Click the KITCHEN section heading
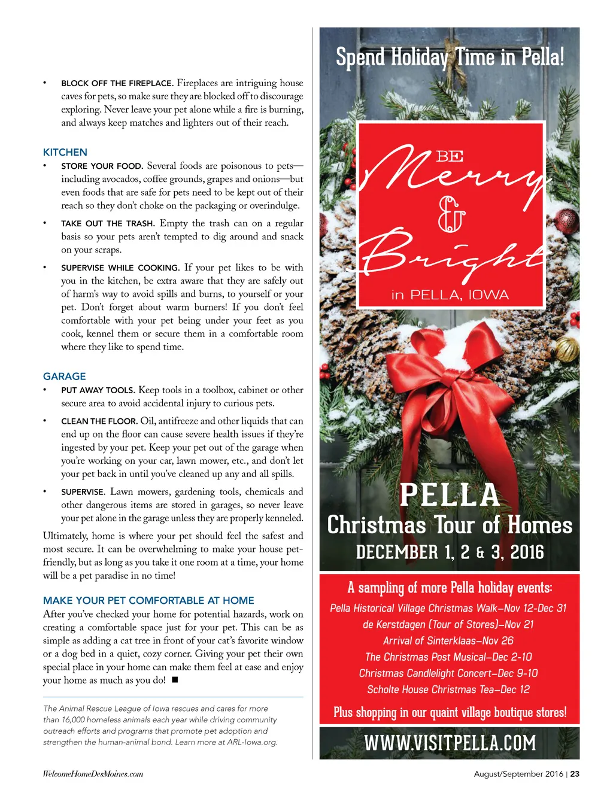[x=65, y=152]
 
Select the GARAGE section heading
[x=65, y=376]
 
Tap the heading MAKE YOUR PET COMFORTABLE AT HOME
[x=148, y=600]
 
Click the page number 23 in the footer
[x=575, y=774]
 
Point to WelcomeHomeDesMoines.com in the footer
[x=93, y=774]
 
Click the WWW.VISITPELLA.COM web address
[x=450, y=743]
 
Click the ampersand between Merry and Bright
[x=451, y=214]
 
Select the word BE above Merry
[x=450, y=157]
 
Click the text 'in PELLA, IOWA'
[x=450, y=294]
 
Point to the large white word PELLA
[x=450, y=496]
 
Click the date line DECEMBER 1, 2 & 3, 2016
[x=450, y=552]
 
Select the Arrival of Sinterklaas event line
[x=448, y=640]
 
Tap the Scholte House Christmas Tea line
[x=448, y=689]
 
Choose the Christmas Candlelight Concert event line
[x=448, y=673]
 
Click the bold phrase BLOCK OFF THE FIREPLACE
[x=117, y=83]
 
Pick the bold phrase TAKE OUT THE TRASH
[x=108, y=223]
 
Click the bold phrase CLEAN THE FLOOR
[x=99, y=421]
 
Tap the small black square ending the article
[x=175, y=680]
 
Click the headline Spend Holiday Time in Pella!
[x=450, y=57]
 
